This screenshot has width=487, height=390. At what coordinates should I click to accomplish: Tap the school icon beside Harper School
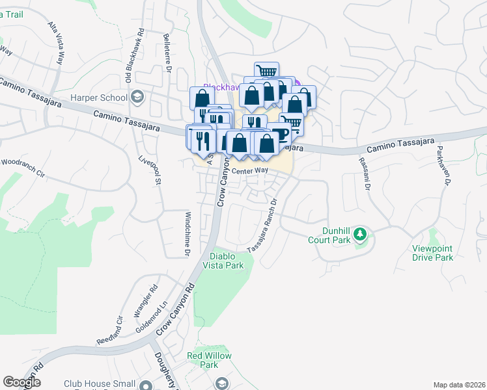click(x=137, y=98)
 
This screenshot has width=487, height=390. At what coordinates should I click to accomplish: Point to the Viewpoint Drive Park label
click(x=432, y=253)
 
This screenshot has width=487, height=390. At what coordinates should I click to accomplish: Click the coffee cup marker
click(x=281, y=135)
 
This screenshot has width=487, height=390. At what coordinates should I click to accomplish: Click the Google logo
click(x=21, y=383)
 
